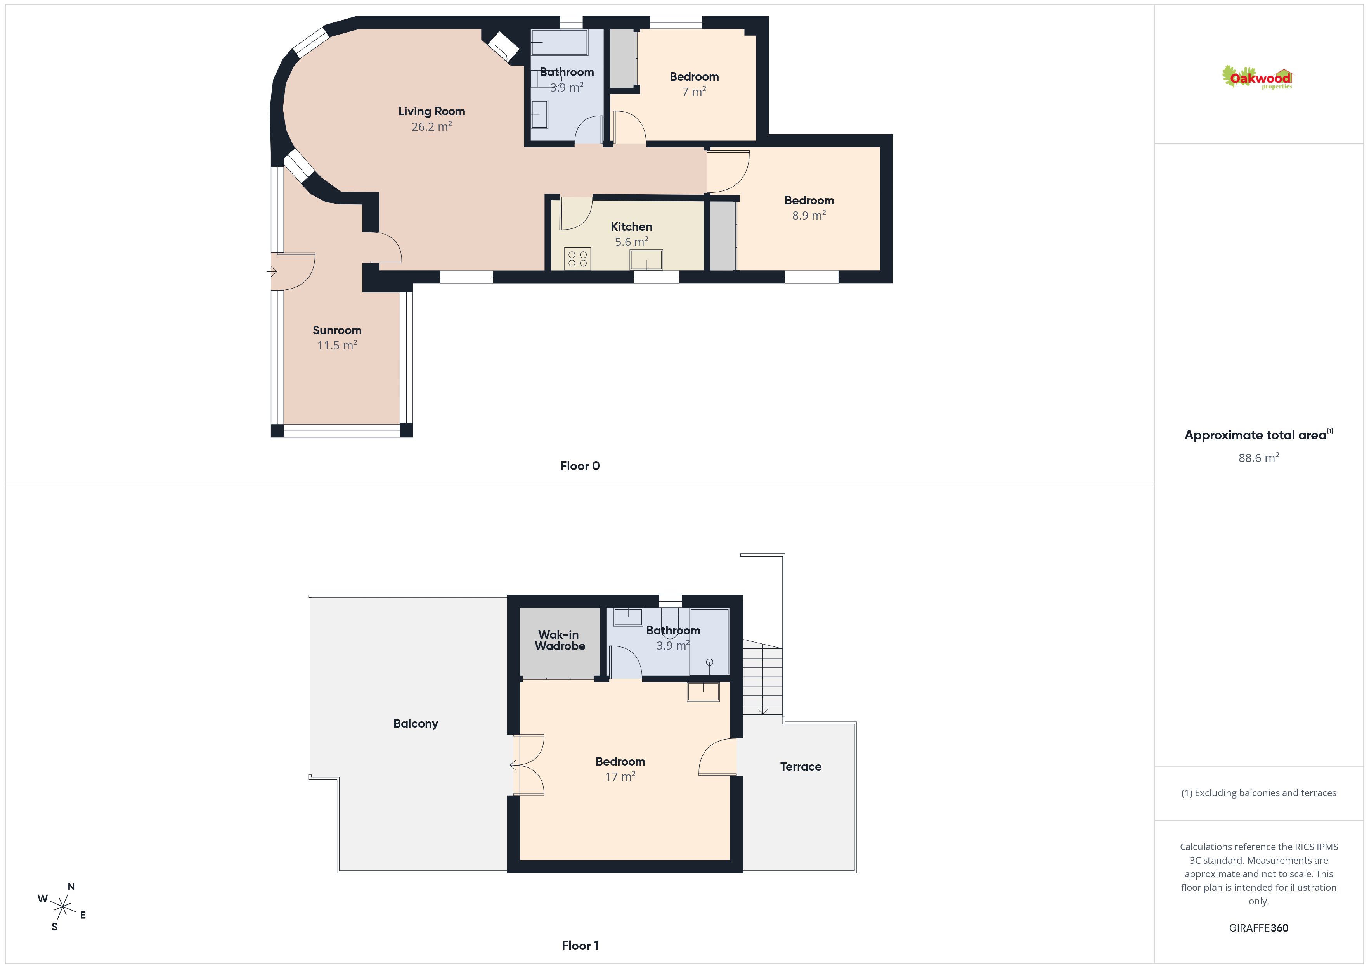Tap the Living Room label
431,111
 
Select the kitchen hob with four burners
577,259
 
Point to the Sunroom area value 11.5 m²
337,345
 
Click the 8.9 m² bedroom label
809,200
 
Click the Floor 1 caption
580,946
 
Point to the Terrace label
801,767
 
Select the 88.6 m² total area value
1259,458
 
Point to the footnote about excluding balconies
1259,793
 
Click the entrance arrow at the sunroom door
272,272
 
